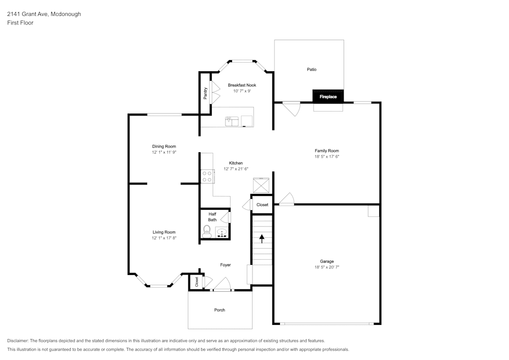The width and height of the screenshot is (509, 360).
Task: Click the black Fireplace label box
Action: (x=328, y=96)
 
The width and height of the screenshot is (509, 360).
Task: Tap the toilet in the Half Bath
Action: (x=207, y=231)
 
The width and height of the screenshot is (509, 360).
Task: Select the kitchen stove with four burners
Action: (x=207, y=176)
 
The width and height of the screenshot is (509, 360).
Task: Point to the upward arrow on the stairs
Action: (x=262, y=239)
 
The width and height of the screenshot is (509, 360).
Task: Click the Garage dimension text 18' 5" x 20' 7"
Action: (x=327, y=267)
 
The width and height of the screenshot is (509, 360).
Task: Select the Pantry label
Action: (x=205, y=93)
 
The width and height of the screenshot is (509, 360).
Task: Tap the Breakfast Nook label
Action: (x=242, y=85)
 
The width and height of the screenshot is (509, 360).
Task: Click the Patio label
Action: (x=312, y=69)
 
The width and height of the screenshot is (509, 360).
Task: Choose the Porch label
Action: (x=219, y=310)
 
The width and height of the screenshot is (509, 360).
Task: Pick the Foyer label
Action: (x=225, y=265)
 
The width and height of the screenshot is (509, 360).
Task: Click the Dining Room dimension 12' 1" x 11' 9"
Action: (x=164, y=152)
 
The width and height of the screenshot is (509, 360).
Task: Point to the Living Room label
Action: (x=164, y=232)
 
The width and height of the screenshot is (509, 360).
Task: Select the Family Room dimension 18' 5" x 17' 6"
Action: (x=327, y=156)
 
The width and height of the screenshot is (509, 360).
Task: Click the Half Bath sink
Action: (x=222, y=233)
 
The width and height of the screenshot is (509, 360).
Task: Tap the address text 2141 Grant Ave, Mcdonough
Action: (x=44, y=14)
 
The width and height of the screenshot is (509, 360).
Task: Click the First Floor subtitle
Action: (x=20, y=23)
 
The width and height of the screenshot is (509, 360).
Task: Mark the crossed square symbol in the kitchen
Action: (x=261, y=185)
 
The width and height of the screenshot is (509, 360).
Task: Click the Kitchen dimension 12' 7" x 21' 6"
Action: (x=236, y=169)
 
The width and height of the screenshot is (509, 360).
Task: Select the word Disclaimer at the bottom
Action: (x=17, y=341)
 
